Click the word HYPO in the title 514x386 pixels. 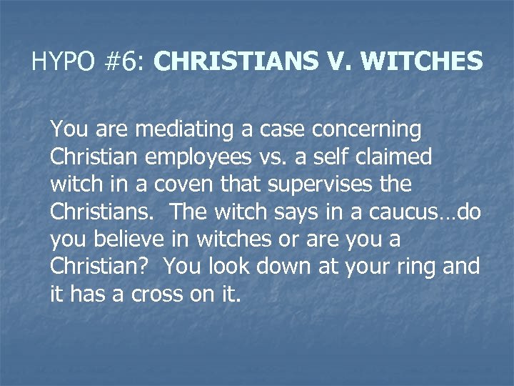coord(63,62)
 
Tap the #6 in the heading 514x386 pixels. coord(124,62)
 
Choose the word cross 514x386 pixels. coord(157,294)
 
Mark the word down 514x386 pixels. coord(293,266)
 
